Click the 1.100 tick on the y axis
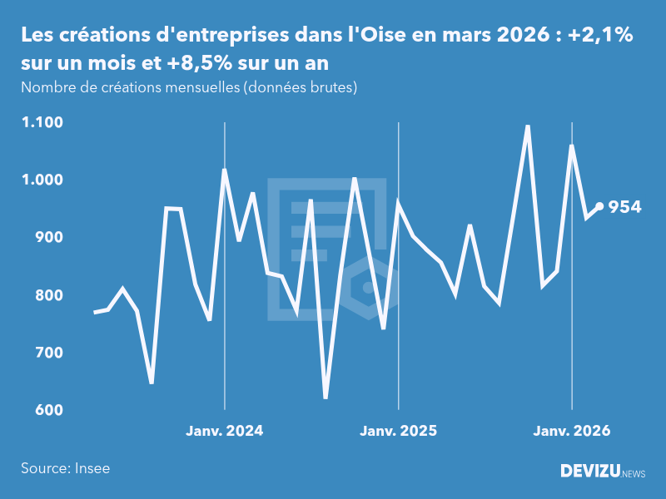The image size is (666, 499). click(x=42, y=122)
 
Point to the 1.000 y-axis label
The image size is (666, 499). click(x=42, y=180)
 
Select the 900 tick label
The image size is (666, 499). click(x=49, y=238)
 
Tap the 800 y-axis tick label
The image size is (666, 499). click(x=49, y=295)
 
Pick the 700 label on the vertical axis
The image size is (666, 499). click(x=49, y=353)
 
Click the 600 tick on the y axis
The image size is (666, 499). click(x=49, y=411)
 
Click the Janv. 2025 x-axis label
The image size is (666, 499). click(x=398, y=431)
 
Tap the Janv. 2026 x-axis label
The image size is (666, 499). click(x=571, y=431)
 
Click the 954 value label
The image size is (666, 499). click(x=624, y=207)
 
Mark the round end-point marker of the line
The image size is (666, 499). click(x=600, y=207)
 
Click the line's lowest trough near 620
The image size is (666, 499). click(x=326, y=398)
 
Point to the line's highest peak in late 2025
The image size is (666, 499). click(x=528, y=126)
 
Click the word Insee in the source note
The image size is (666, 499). click(x=92, y=468)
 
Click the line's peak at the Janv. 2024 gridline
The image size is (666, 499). click(x=225, y=170)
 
